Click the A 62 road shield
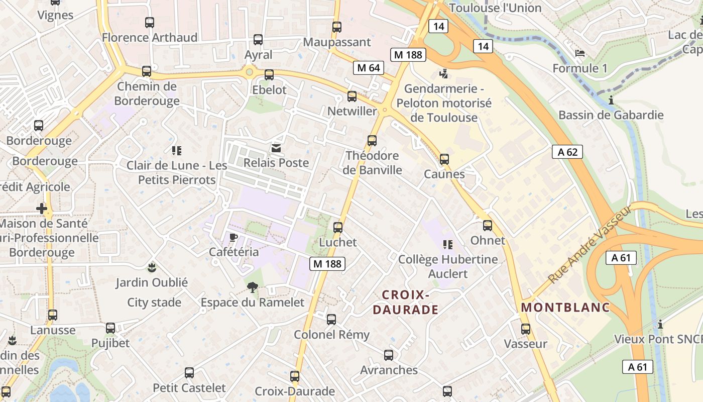[568, 152]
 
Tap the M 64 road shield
[369, 68]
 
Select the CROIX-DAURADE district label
[406, 302]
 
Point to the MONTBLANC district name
[565, 307]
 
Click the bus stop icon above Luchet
[338, 228]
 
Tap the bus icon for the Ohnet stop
[487, 226]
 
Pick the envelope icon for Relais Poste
[276, 148]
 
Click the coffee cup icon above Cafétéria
[233, 237]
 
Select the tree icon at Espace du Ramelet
[252, 287]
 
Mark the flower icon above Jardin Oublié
[152, 267]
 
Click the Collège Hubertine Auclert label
[448, 266]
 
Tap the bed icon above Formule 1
[580, 53]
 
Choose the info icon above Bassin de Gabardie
[611, 100]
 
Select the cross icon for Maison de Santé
[42, 208]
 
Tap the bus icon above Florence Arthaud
[150, 23]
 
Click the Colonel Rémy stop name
[331, 335]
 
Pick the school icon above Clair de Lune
[176, 150]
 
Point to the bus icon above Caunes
[444, 159]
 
